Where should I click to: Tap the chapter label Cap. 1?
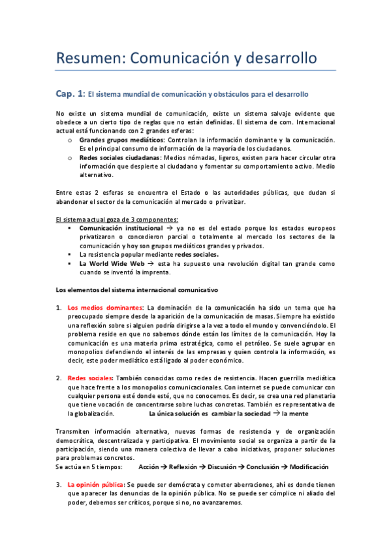pos(70,94)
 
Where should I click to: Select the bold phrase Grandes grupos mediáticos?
pos(122,140)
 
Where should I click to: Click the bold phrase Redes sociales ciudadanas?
pos(119,157)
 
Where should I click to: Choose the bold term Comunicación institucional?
pos(121,228)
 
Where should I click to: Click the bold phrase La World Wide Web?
pos(112,263)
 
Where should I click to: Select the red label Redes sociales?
pos(90,378)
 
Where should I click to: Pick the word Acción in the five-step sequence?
pos(149,467)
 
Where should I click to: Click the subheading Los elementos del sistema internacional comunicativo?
pos(137,289)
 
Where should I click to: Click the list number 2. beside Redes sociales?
pos(59,378)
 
